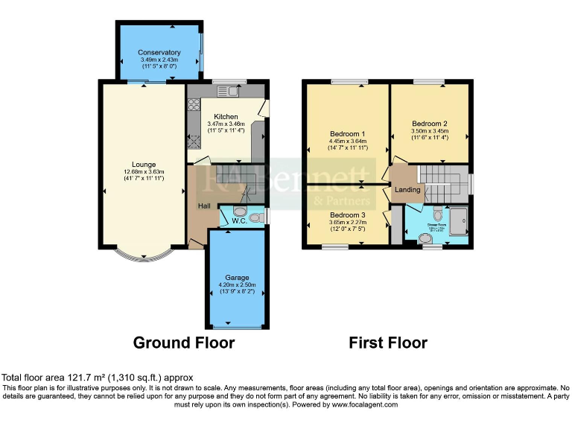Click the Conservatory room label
click(x=159, y=52)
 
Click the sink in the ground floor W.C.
click(x=255, y=217)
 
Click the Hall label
click(x=204, y=206)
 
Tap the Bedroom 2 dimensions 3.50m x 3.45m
click(x=429, y=131)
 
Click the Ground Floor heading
click(x=184, y=343)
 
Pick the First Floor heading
click(x=388, y=343)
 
